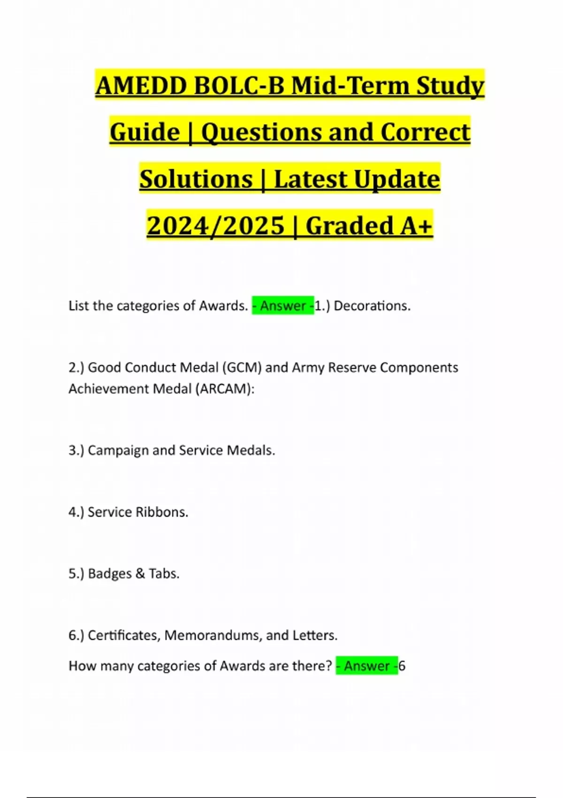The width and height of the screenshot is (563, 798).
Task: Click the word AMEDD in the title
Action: tap(140, 86)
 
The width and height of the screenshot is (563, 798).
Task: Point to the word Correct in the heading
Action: tap(425, 132)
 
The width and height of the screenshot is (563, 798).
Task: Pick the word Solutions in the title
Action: tap(196, 179)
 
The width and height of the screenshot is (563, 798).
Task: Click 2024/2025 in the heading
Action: tap(215, 226)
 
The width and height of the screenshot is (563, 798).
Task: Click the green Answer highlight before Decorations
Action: tap(283, 306)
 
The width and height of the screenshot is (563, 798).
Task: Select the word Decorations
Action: tap(372, 306)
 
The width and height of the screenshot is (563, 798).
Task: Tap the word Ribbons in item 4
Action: tap(161, 512)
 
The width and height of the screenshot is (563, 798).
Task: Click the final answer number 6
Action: tap(402, 666)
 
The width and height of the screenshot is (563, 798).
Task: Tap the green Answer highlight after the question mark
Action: tap(367, 666)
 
